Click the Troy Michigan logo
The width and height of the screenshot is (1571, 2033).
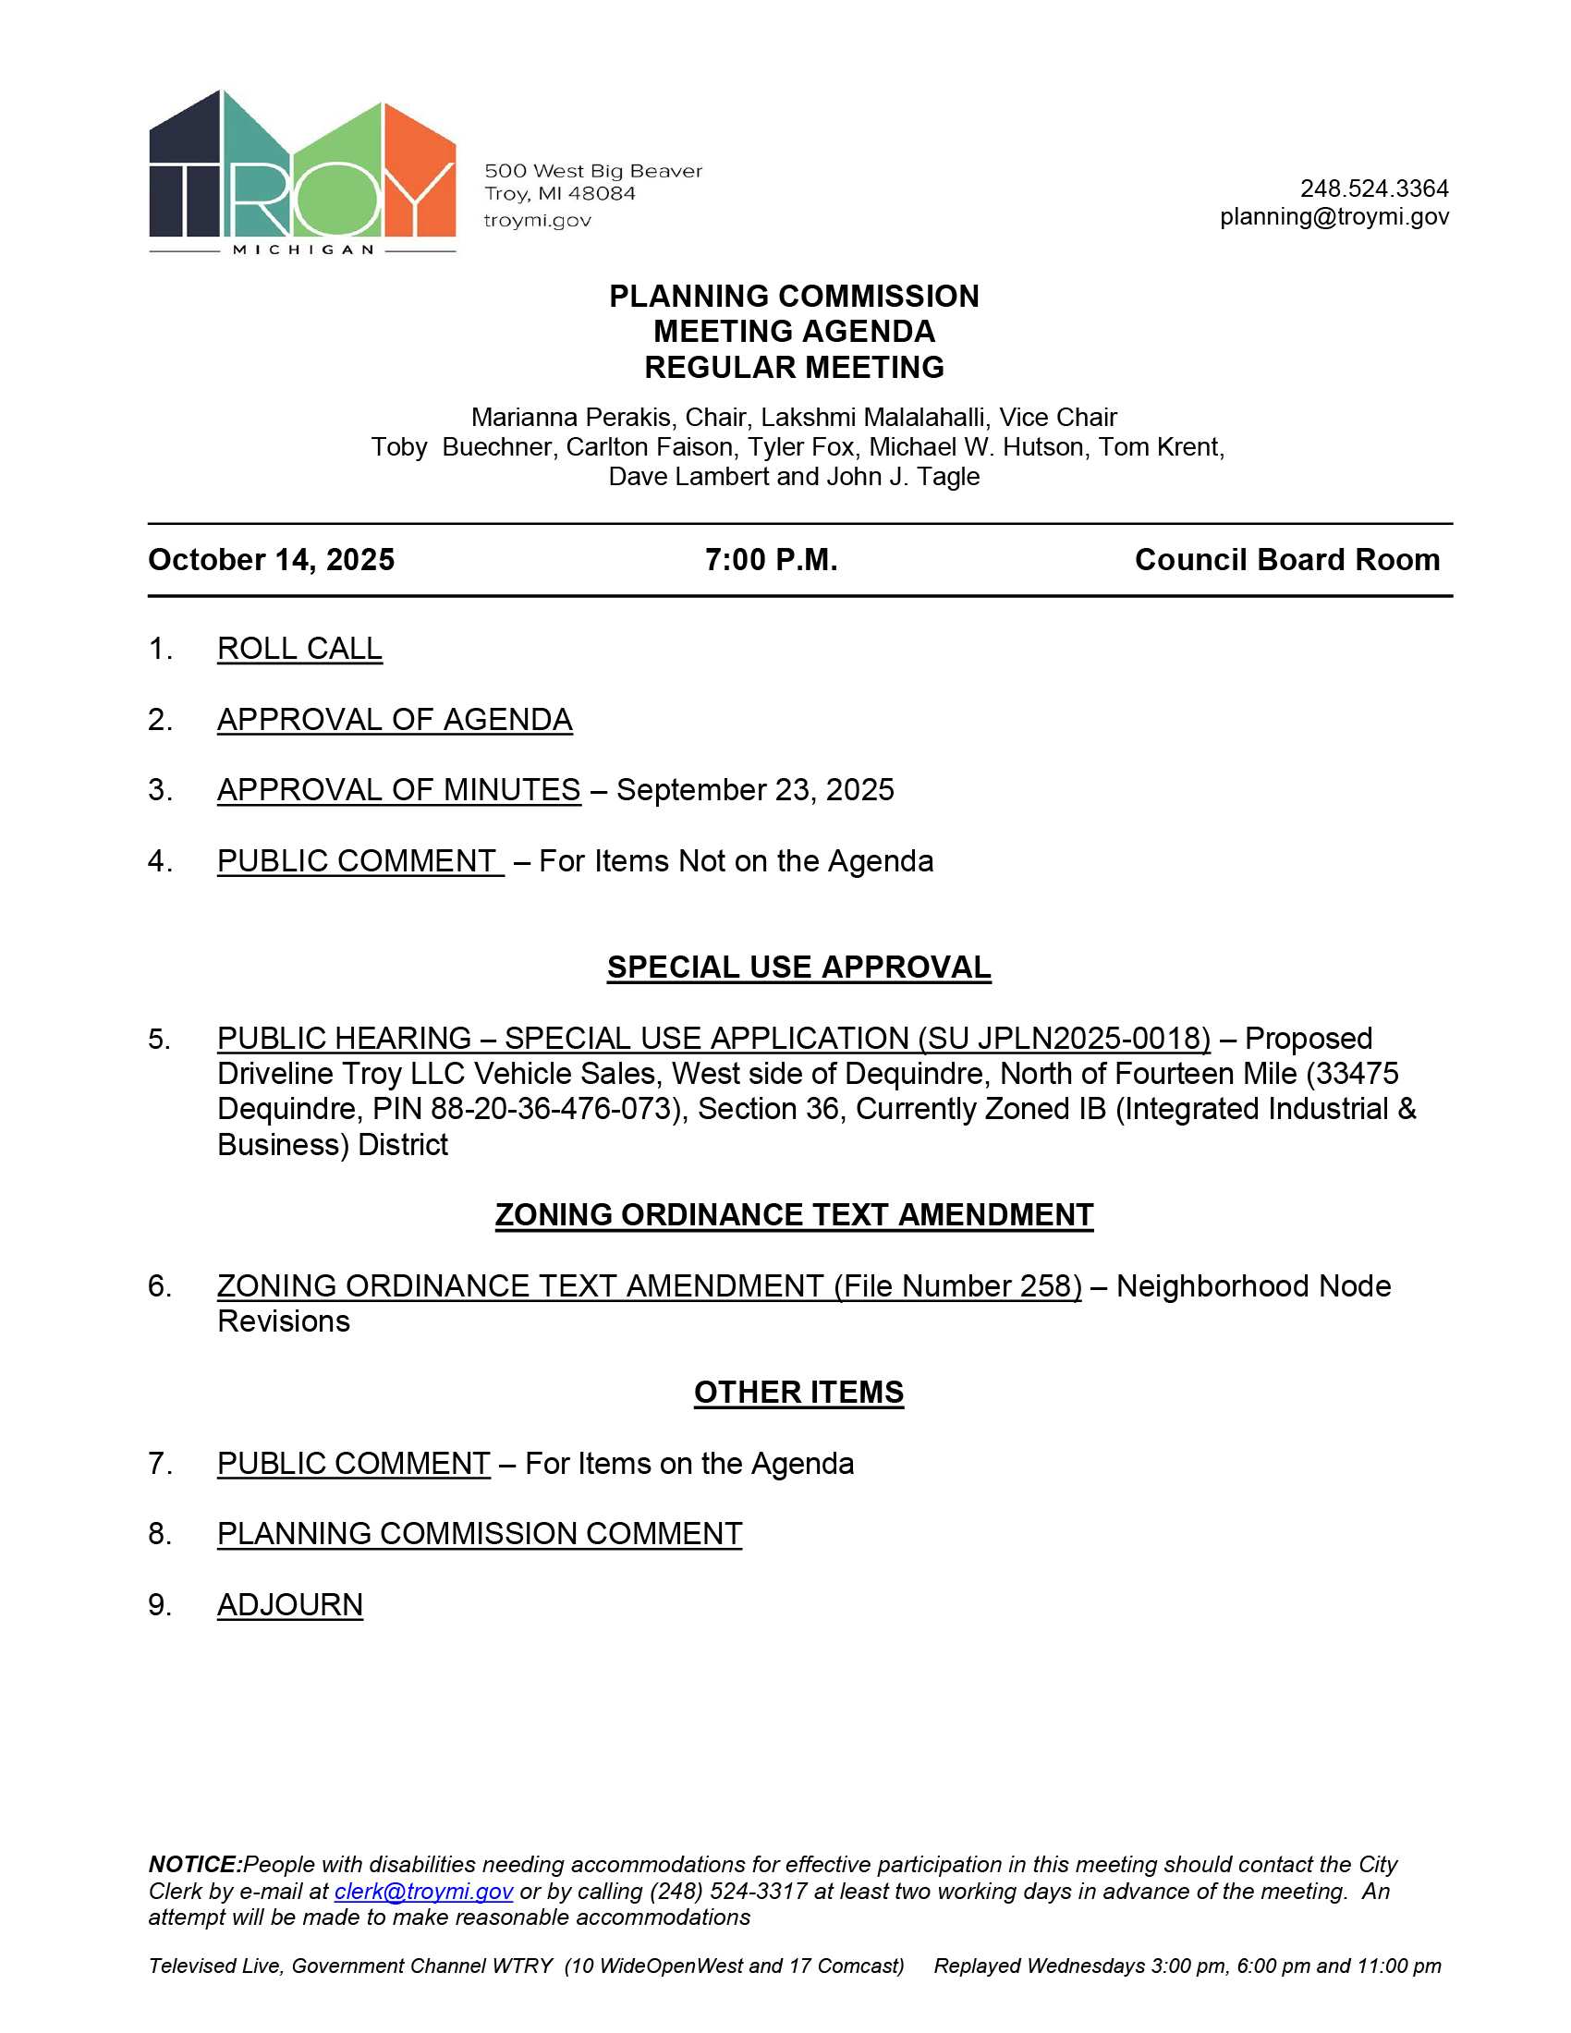pos(301,172)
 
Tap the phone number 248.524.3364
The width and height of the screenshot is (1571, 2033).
pos(1373,189)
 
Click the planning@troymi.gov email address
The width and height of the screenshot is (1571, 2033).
pos(1334,217)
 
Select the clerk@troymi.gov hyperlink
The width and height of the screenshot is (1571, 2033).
pos(423,1891)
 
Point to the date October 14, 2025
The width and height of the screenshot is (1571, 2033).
pos(271,559)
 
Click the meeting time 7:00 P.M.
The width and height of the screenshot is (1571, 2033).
pos(771,559)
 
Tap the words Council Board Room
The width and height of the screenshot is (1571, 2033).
pos(1286,559)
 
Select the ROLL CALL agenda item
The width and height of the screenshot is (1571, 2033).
pos(299,649)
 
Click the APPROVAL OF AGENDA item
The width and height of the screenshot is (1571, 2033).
pos(395,720)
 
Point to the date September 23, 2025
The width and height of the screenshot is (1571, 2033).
pos(755,789)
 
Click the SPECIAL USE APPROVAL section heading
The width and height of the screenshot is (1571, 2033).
pos(798,968)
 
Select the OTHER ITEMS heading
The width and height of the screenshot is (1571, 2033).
pos(798,1392)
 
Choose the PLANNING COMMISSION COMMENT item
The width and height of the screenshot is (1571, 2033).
pos(480,1533)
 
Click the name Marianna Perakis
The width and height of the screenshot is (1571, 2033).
pos(570,417)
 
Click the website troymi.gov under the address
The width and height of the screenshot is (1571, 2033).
pos(537,221)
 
